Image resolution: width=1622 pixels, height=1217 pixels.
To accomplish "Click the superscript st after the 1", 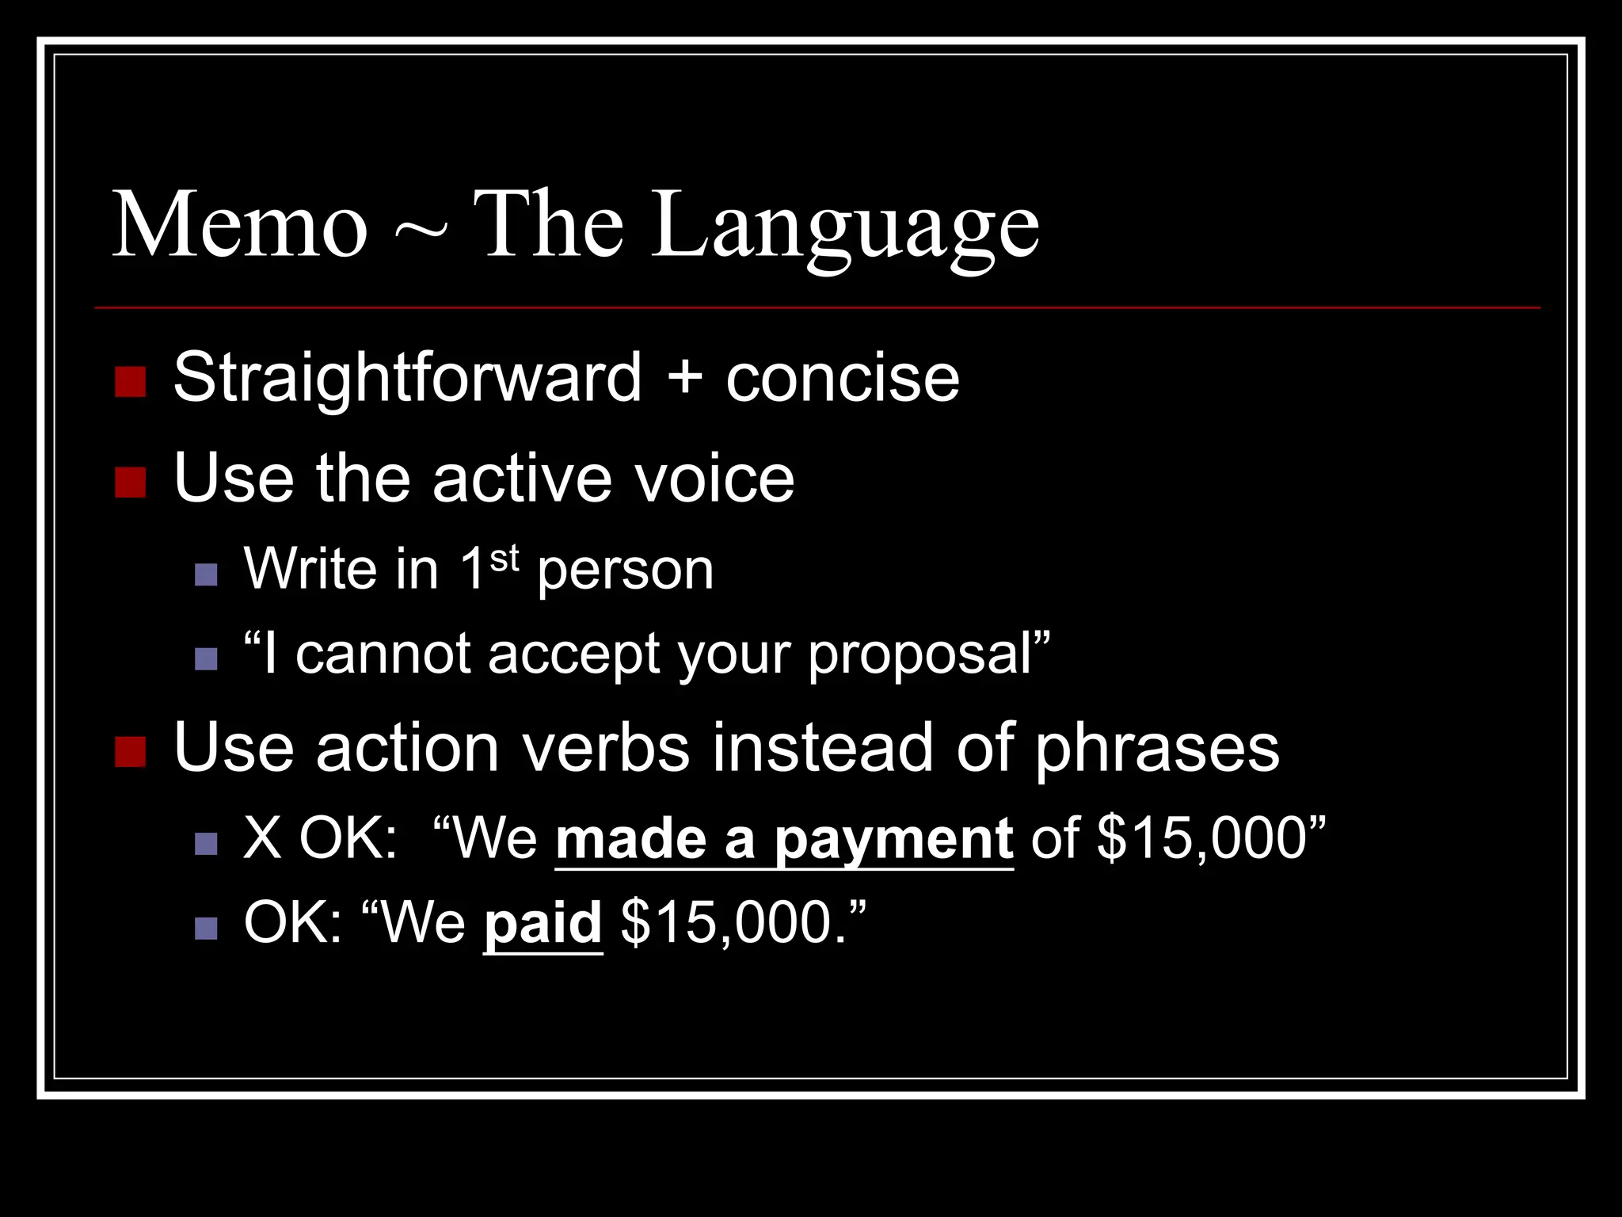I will tap(504, 558).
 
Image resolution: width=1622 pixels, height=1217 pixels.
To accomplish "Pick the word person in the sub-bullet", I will tap(626, 570).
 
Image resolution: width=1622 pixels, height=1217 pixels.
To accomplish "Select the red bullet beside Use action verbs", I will tap(130, 752).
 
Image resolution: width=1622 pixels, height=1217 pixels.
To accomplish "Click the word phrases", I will tap(1157, 748).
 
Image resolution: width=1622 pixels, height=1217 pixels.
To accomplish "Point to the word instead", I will tap(823, 748).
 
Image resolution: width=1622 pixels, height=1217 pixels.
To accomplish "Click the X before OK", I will tap(263, 838).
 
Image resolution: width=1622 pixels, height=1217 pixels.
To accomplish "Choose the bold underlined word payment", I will tap(893, 840).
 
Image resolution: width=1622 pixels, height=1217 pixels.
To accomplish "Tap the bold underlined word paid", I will tap(543, 924).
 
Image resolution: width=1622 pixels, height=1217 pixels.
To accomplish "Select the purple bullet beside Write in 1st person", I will tap(206, 574).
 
